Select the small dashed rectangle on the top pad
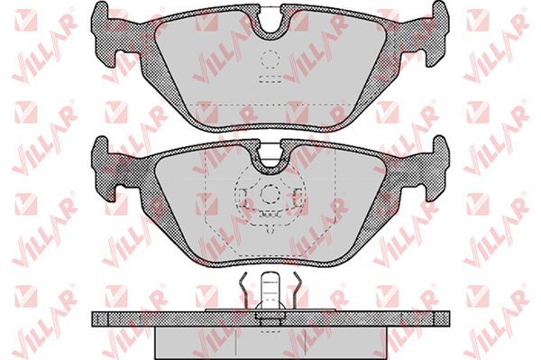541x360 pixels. point(270,79)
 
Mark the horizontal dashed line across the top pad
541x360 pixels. point(270,103)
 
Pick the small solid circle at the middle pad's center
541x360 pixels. point(270,194)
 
